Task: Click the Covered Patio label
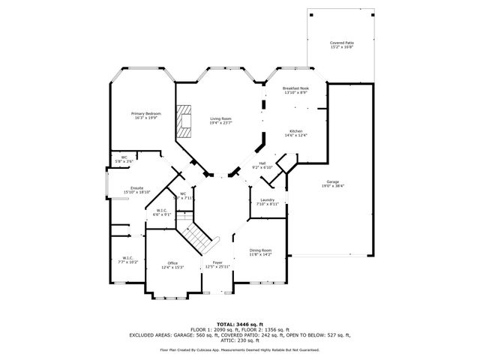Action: [x=342, y=43]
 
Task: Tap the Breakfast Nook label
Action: [x=295, y=88]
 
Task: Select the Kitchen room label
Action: [x=295, y=130]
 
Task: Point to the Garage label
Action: [x=332, y=181]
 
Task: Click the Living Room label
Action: [x=220, y=118]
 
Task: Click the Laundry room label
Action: [x=267, y=199]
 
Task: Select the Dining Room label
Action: [x=260, y=250]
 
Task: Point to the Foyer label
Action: [x=217, y=262]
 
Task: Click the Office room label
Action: [x=172, y=262]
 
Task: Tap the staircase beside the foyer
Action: [x=199, y=236]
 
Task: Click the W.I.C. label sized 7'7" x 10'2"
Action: [x=128, y=257]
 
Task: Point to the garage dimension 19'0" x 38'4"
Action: [x=332, y=186]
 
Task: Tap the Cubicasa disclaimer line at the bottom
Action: [x=240, y=349]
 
